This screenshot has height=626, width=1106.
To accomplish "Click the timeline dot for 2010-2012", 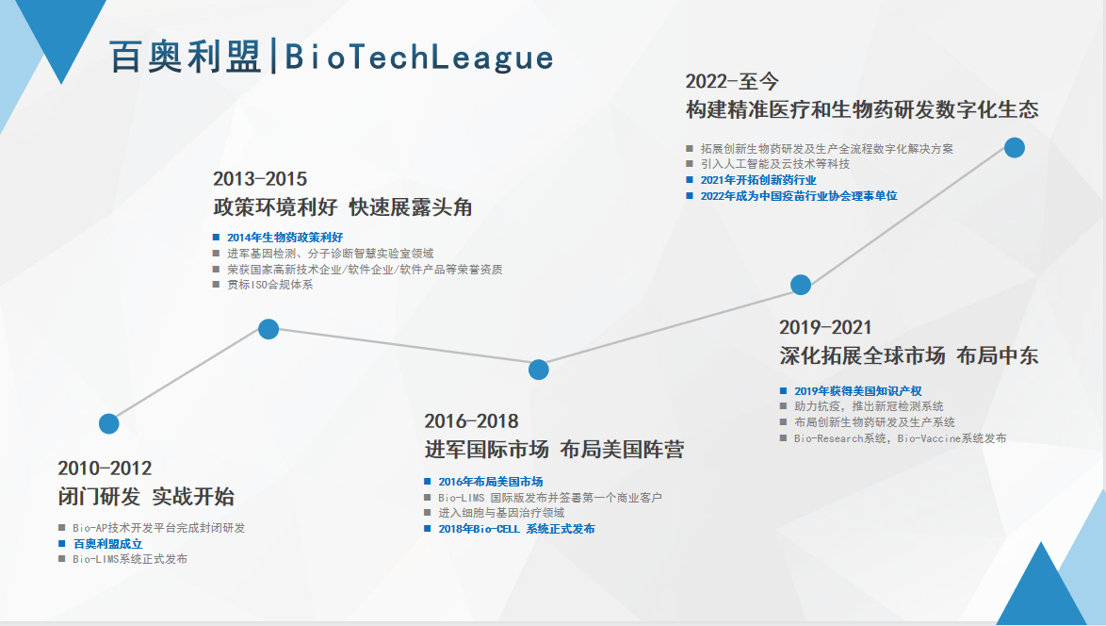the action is (x=108, y=423).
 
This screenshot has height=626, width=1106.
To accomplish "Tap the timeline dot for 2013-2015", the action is (x=268, y=329).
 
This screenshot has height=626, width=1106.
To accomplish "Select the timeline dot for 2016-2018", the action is (x=538, y=370).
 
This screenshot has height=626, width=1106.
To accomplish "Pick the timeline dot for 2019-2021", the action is (x=801, y=285).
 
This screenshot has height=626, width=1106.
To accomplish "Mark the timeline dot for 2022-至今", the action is (x=1015, y=147).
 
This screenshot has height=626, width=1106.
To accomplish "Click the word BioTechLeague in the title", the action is (x=419, y=58).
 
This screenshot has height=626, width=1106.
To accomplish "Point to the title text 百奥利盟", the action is (x=186, y=58).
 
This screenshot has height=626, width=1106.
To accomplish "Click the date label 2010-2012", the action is (x=106, y=468).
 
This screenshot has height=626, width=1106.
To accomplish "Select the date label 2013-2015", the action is (x=260, y=178).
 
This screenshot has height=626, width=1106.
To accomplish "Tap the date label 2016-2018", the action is (x=471, y=421).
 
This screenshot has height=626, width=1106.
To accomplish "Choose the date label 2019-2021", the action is (x=825, y=327).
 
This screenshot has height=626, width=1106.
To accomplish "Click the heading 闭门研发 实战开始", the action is (x=146, y=496).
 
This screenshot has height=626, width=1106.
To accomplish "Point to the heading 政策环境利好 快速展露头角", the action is (x=343, y=207).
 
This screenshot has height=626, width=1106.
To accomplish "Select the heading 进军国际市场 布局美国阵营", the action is (x=554, y=450).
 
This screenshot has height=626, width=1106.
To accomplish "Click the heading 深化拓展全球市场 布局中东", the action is (x=909, y=355).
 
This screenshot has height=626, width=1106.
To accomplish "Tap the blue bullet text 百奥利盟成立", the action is (x=108, y=543).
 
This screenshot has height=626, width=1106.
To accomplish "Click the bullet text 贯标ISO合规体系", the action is (x=270, y=285).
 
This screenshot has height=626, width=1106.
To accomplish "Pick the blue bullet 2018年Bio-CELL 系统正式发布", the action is (x=516, y=529).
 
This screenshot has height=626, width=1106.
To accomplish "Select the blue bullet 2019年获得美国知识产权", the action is (x=857, y=391).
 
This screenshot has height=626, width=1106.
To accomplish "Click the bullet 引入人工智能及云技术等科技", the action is (x=775, y=164).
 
